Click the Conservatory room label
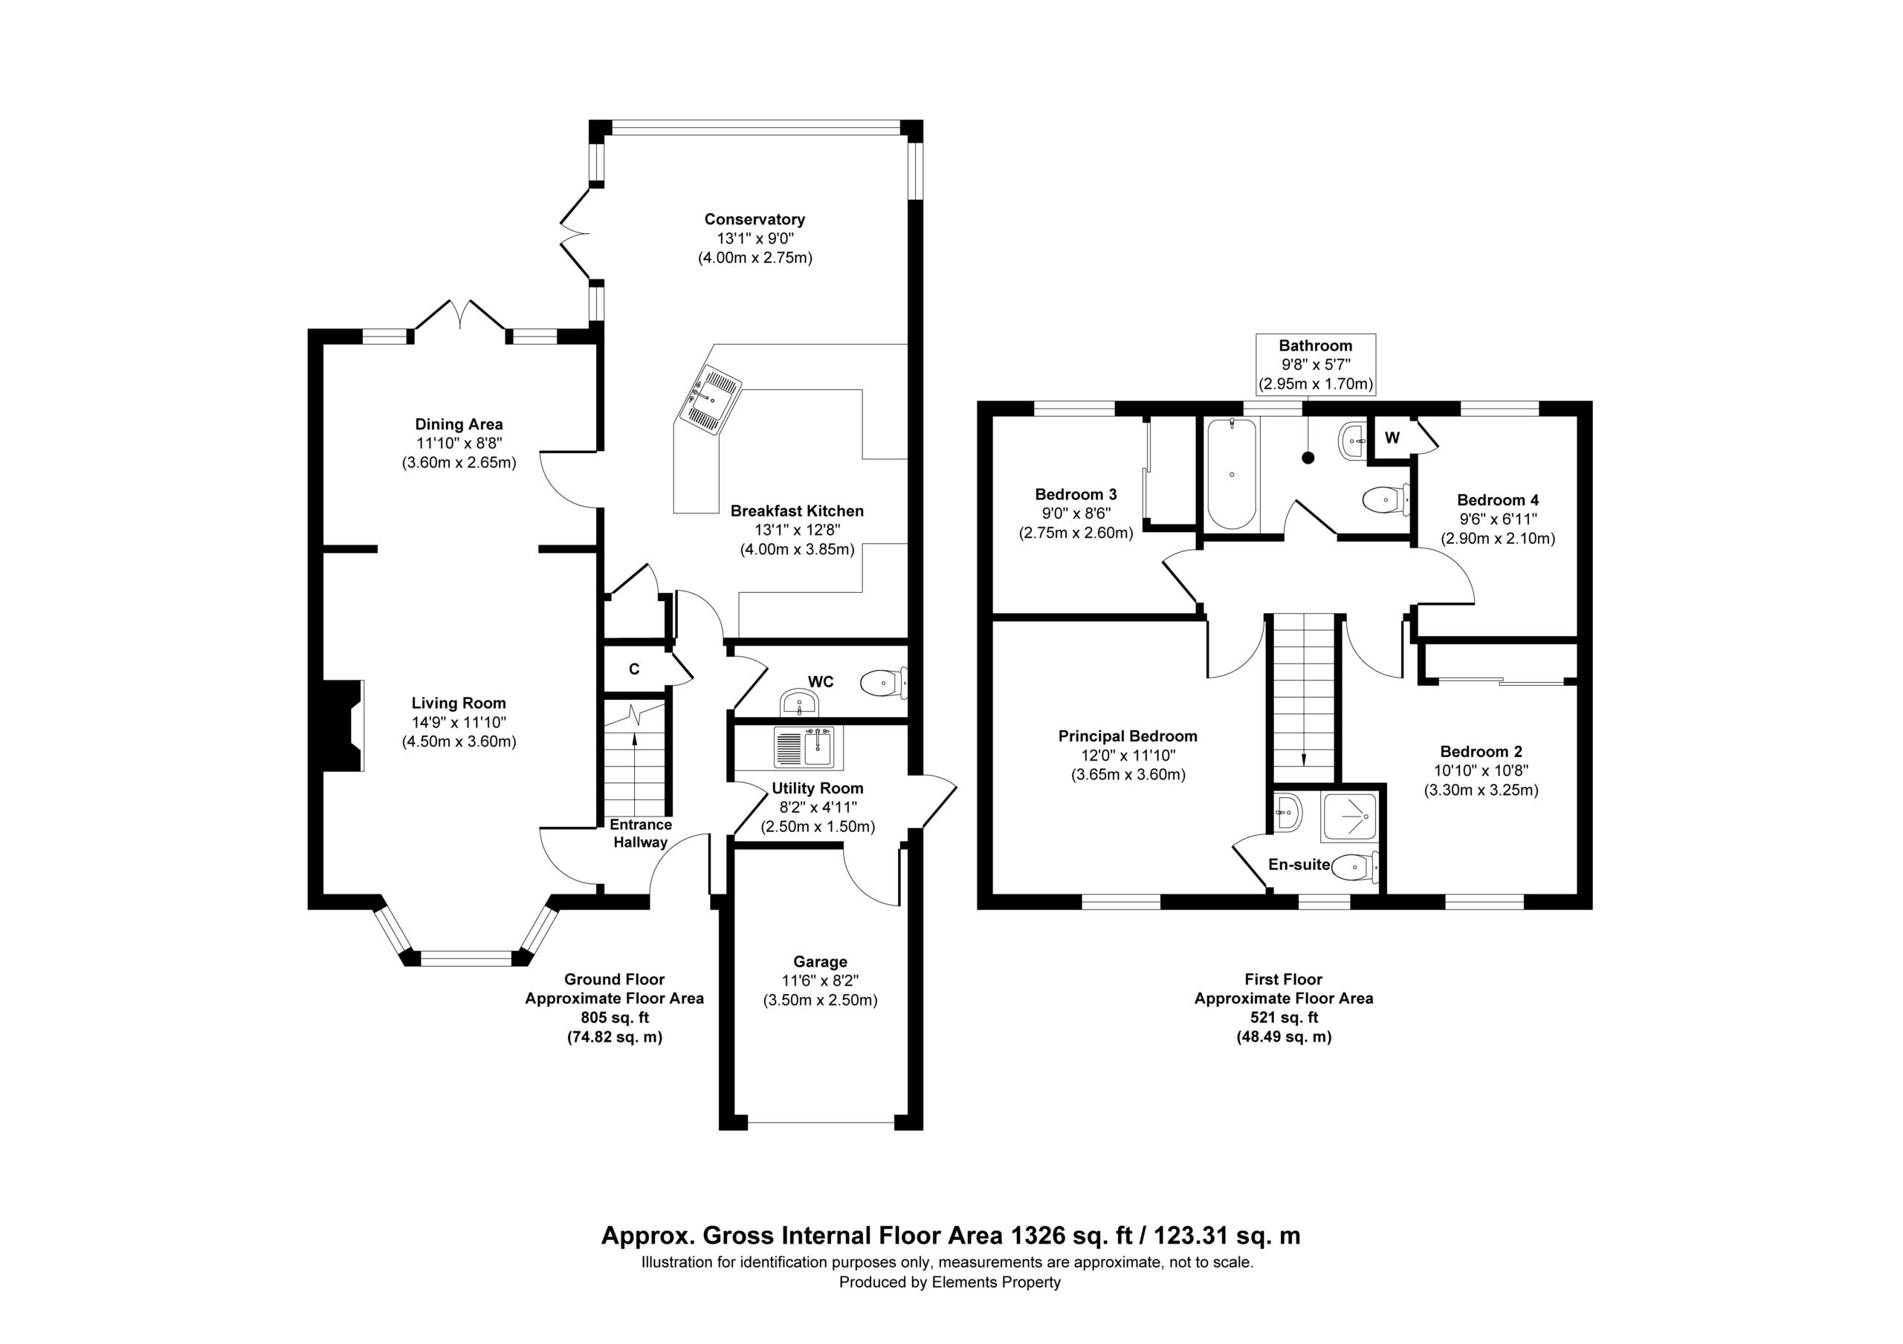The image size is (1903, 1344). (755, 220)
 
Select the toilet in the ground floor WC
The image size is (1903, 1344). (885, 684)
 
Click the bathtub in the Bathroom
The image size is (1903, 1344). (1232, 473)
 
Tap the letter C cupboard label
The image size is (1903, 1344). (634, 669)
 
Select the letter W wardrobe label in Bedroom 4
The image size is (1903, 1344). (1392, 438)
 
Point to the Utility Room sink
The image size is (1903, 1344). (807, 747)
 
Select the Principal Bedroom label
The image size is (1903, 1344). (1127, 736)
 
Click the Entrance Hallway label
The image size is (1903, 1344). (641, 834)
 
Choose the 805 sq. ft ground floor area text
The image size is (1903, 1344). (614, 1018)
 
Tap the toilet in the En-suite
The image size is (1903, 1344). (1354, 867)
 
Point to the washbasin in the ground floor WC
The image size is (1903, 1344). (799, 704)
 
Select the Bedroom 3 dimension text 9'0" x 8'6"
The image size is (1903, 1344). (1075, 513)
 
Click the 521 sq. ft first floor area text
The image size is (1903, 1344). (1283, 1018)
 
